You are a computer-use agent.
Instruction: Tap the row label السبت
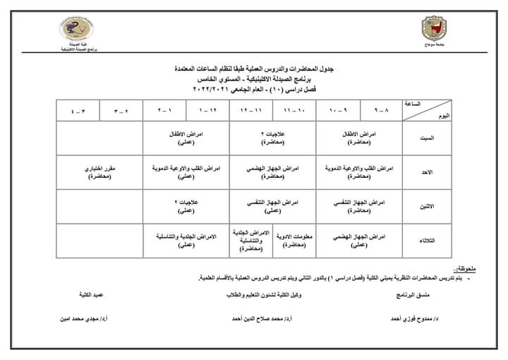pos(427,138)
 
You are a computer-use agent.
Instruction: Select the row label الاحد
pos(427,172)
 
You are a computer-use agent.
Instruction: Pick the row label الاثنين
pos(427,206)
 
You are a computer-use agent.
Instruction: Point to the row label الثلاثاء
pos(427,241)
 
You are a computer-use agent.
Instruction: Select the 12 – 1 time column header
pos(207,111)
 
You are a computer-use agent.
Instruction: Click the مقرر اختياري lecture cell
pos(101,172)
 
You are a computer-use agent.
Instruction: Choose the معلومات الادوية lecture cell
pos(294,240)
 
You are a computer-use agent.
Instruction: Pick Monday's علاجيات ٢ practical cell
pos(186,205)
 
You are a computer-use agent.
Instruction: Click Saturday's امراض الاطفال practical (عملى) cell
pos(186,137)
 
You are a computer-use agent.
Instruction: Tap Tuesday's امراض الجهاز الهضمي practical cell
pos(358,241)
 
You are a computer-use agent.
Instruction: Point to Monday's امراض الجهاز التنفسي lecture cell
pos(358,205)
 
